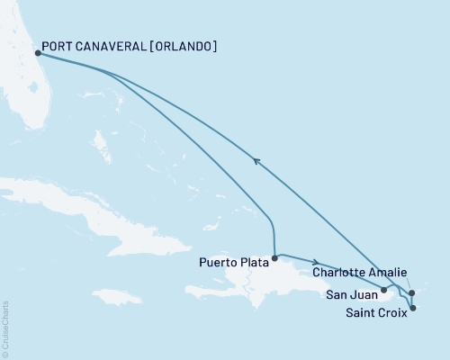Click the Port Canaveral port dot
tap(38, 53)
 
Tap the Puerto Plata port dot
tap(274, 257)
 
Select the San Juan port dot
tap(384, 290)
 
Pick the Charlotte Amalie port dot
tap(410, 292)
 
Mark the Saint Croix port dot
tap(413, 309)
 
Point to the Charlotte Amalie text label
tap(360, 272)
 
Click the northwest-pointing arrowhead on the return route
tap(256, 161)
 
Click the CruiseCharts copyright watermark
tap(5, 328)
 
